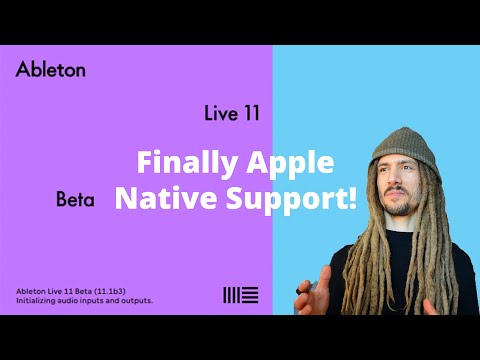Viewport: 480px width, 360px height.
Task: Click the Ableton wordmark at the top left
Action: [x=51, y=70]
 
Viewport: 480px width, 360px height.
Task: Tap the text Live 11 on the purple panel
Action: [x=231, y=113]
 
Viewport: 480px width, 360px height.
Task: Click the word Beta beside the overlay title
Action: [x=75, y=200]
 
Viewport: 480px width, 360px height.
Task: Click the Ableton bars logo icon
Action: [x=240, y=294]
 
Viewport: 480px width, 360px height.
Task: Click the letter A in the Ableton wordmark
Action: [x=22, y=70]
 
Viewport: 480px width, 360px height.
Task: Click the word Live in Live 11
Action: [x=219, y=113]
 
